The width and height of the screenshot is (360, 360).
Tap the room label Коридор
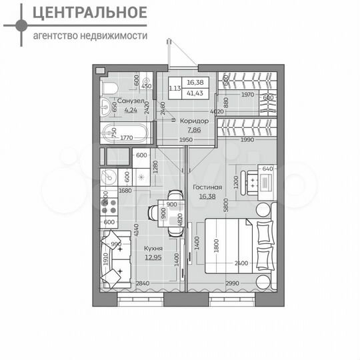194,121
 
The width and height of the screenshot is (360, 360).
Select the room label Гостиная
207,187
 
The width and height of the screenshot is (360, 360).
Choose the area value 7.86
193,131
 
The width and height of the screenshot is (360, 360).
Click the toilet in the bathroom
109,87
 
